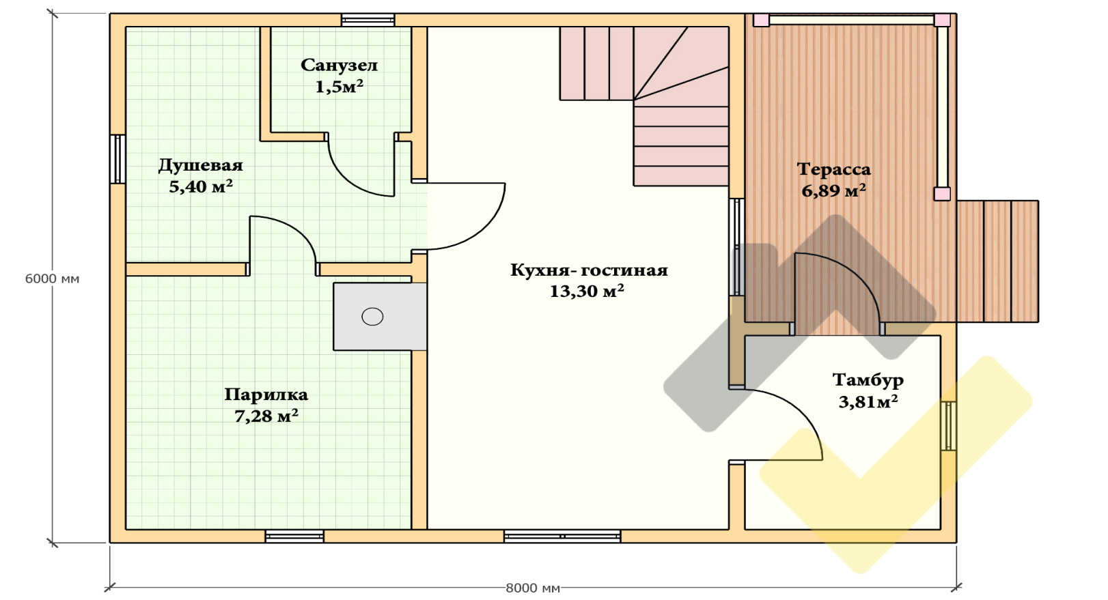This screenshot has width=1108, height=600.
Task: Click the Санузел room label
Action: pos(339,66)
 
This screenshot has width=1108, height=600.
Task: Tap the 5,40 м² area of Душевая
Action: pos(201,187)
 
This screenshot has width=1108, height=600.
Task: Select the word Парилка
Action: pos(266,395)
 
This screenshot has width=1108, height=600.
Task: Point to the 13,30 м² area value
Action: pos(587,291)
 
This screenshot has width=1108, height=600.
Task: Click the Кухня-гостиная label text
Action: pos(589,270)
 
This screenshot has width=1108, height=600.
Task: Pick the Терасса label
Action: pos(834,169)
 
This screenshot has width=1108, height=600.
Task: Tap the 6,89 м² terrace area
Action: pos(833,190)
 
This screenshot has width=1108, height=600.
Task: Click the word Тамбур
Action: pos(868,380)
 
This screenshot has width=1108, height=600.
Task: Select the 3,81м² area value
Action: pos(868,401)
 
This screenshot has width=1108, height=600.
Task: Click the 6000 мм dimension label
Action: pos(52,278)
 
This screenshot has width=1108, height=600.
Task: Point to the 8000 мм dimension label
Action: pos(533,588)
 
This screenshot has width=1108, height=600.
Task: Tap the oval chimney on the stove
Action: pos(372,316)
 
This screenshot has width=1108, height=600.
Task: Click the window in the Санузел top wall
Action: pos(368,20)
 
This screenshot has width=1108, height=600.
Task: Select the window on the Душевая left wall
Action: pos(117,159)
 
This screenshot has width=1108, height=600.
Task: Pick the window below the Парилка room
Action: pos(294,537)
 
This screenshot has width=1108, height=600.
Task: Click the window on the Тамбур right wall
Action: pos(948,426)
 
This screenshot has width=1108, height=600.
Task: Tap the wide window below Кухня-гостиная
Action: pos(562,537)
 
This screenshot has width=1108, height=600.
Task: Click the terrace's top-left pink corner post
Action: pos(761,20)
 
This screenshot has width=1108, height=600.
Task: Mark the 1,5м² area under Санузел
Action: pos(340,87)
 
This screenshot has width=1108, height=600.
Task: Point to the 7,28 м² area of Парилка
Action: pos(266,416)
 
